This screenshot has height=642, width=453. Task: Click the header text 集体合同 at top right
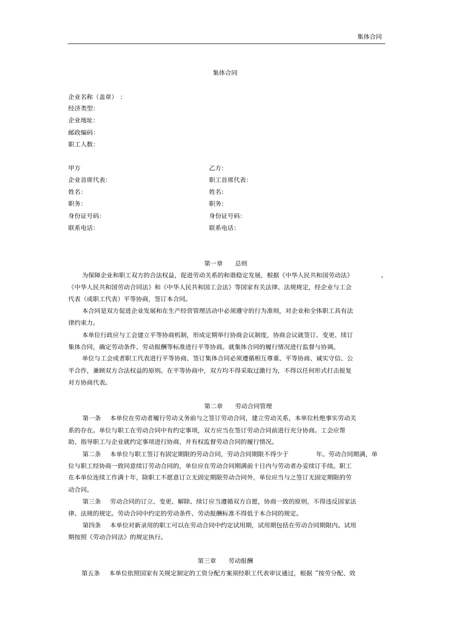click(x=369, y=37)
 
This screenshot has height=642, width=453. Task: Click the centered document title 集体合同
click(x=225, y=73)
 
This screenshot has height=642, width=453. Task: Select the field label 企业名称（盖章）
click(x=92, y=97)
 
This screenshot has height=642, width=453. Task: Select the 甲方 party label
click(x=74, y=168)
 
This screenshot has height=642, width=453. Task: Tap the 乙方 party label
click(x=216, y=168)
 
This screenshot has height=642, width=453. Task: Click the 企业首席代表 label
click(x=87, y=180)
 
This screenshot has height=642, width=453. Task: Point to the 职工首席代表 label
click(x=228, y=180)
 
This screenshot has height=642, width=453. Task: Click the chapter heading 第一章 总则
click(x=226, y=263)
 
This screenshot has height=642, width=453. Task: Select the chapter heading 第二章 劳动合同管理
click(x=238, y=406)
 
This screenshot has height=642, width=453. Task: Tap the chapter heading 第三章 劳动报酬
click(x=226, y=561)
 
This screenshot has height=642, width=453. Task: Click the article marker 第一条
click(x=92, y=418)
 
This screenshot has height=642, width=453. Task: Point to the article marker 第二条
click(x=92, y=454)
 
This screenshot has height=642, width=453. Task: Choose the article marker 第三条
click(x=92, y=502)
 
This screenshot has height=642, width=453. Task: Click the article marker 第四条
click(x=92, y=526)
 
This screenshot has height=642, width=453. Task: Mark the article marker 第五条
click(x=91, y=573)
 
